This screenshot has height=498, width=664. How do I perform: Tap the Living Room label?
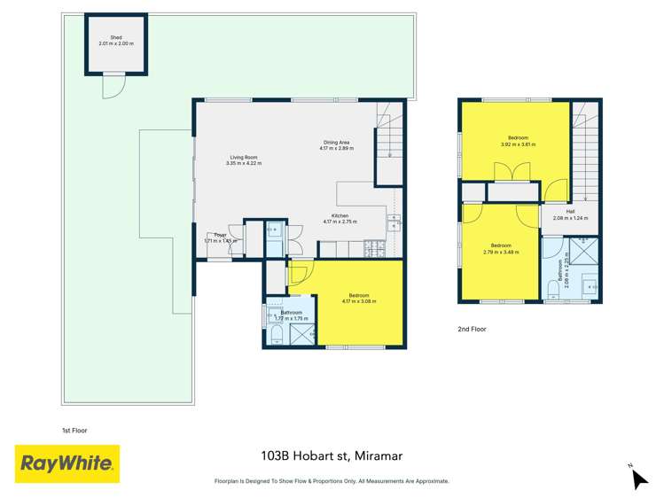point(243,160)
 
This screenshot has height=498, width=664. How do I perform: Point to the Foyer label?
point(219,237)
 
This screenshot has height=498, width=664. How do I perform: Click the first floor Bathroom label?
point(292,315)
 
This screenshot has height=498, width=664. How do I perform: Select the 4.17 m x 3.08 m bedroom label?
point(358,299)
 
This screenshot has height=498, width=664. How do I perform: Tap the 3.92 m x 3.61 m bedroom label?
point(518,141)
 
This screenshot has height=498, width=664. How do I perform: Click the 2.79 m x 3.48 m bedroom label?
point(501,247)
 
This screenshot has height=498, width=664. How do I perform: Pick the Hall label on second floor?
point(570,214)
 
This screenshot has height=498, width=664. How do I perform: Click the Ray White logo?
point(67,463)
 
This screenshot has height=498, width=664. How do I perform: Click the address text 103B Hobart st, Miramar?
point(332,456)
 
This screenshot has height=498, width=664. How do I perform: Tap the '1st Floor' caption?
point(74,431)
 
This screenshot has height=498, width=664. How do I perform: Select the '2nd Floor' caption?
point(496,329)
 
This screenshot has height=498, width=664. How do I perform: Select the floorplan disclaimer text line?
point(332,481)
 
